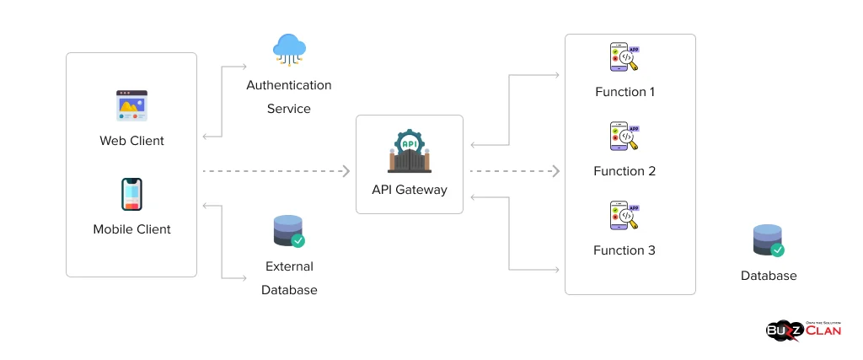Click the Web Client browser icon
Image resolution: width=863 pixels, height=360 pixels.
[131, 106]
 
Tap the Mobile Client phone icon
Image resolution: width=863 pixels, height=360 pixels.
[131, 194]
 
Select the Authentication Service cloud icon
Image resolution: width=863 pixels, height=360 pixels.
[289, 50]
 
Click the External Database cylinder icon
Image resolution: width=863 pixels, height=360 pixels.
[289, 231]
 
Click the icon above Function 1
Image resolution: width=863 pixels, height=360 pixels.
[624, 57]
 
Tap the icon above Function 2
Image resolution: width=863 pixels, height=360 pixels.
[624, 137]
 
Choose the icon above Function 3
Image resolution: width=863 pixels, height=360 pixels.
[624, 216]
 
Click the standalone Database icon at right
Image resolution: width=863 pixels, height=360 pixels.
[768, 240]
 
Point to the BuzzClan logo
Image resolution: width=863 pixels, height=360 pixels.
[803, 330]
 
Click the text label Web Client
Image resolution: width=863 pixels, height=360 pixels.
[131, 141]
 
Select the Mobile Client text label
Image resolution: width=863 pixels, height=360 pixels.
[131, 229]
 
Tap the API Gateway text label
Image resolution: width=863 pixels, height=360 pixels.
[410, 190]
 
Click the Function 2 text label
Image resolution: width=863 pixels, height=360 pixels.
[624, 171]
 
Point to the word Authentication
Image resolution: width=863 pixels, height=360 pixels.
[289, 85]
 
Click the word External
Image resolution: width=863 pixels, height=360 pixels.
[289, 266]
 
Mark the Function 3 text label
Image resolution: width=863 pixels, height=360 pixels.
[624, 250]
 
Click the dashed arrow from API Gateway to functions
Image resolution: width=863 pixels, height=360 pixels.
[514, 171]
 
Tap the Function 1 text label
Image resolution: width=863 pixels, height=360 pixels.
[624, 92]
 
